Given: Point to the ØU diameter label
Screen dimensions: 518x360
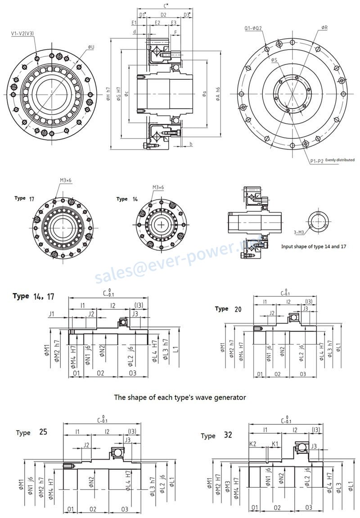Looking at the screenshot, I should (x=90, y=47).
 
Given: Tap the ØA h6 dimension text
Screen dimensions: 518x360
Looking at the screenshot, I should (x=218, y=94).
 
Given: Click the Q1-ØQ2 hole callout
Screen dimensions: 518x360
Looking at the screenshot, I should (x=253, y=28).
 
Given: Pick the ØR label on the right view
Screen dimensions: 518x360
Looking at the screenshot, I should (x=324, y=28).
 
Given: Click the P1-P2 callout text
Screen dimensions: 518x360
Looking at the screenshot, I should (x=316, y=161).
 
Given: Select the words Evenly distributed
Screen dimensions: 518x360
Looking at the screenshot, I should (x=340, y=160).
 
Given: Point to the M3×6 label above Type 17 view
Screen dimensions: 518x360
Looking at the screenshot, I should (x=65, y=180).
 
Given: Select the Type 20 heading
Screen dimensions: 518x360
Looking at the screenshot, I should (x=228, y=309).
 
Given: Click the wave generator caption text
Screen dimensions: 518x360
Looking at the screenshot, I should (x=180, y=397).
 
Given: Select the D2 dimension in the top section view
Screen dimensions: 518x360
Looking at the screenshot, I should (x=163, y=15).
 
